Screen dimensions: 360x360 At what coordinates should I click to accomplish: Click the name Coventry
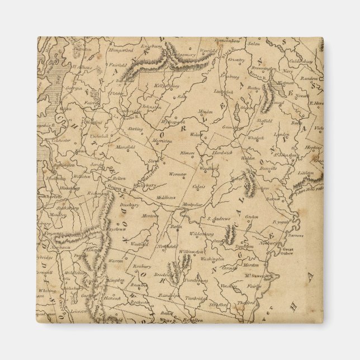pyautogui.click(x=236, y=59)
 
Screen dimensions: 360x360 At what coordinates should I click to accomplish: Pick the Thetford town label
pyautogui.click(x=245, y=303)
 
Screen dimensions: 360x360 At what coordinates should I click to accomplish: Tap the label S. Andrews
pyautogui.click(x=219, y=219)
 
